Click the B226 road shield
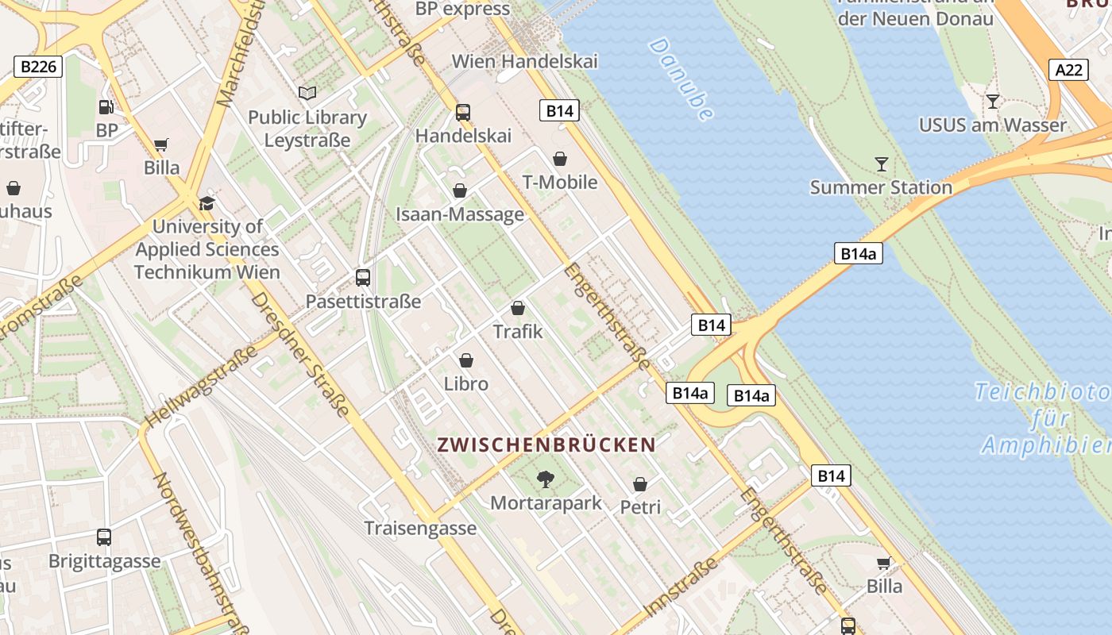click(38, 67)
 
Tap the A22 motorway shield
click(1068, 70)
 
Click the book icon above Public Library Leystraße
click(307, 93)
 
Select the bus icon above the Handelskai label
click(463, 112)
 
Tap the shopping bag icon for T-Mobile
click(560, 159)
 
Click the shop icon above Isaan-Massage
click(459, 190)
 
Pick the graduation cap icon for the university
click(207, 203)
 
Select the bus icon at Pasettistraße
click(363, 278)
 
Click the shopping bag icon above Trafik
click(518, 308)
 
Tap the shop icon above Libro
click(466, 360)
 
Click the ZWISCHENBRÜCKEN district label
click(546, 445)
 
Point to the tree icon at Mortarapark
click(545, 479)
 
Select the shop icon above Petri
click(640, 483)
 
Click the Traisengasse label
click(420, 528)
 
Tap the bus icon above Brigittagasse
click(104, 537)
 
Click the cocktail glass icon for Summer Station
click(882, 164)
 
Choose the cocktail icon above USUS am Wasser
click(992, 102)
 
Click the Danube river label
click(681, 79)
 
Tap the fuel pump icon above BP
click(106, 107)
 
